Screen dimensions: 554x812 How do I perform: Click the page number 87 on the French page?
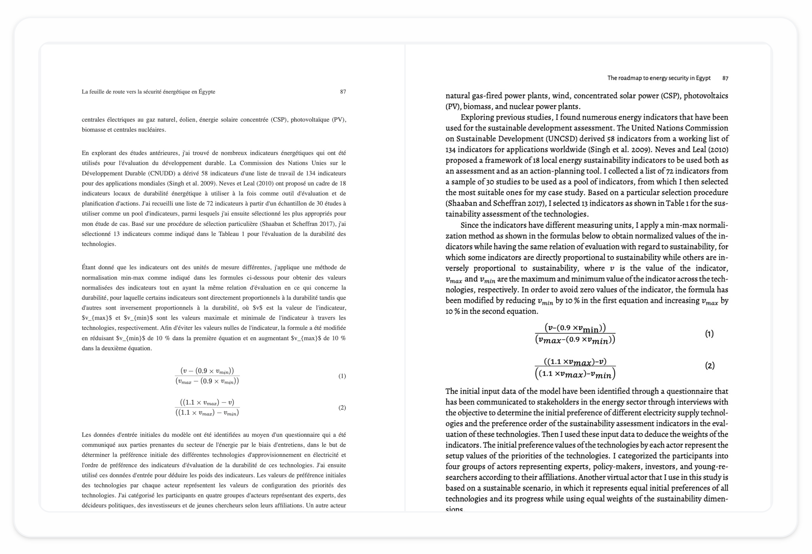[x=343, y=92]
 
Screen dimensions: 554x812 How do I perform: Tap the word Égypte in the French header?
[x=207, y=92]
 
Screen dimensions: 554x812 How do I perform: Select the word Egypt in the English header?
[x=703, y=78]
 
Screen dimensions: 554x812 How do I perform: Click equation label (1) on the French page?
[x=342, y=376]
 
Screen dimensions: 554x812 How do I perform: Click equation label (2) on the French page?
[x=342, y=407]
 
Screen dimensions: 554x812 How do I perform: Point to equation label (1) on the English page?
[x=709, y=334]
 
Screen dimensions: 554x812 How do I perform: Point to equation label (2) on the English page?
[x=710, y=366]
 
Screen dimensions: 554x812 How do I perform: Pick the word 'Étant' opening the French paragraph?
[x=89, y=267]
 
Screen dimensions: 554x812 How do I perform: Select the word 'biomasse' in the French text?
[x=93, y=130]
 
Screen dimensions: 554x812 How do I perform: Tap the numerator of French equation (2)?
[x=207, y=402]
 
